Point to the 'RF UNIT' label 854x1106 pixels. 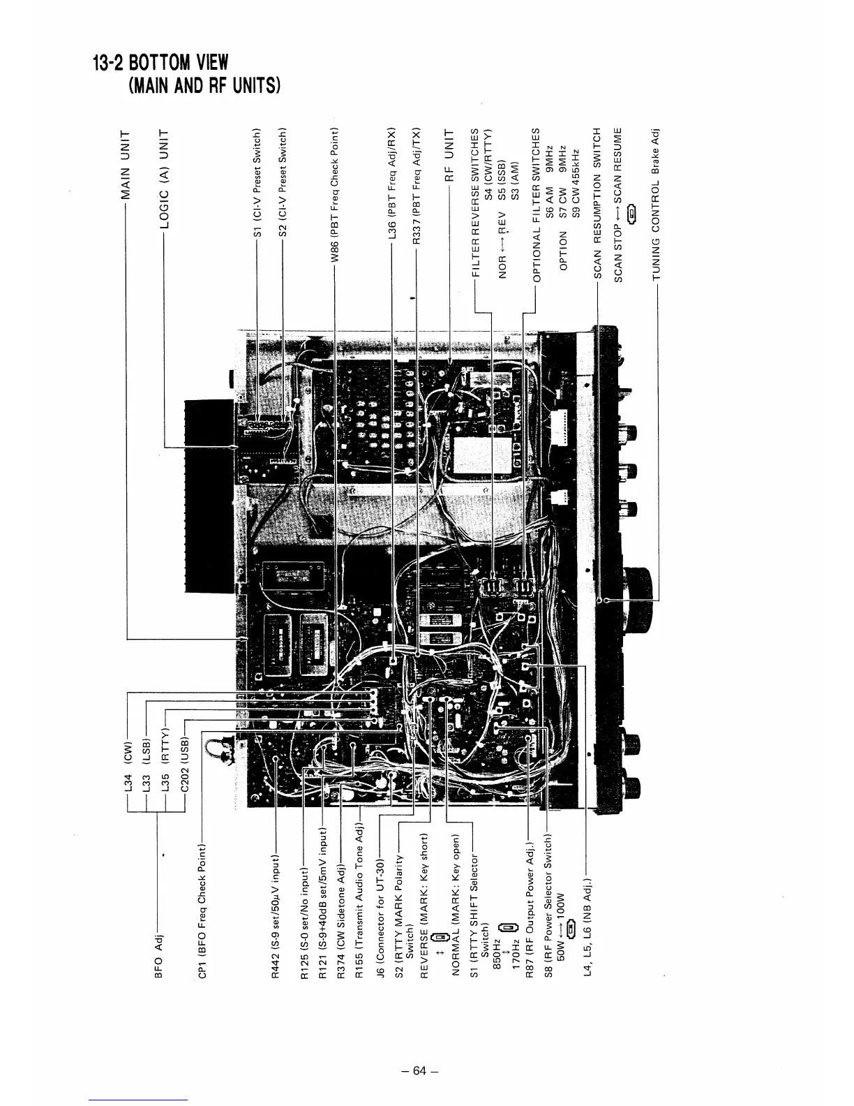450,154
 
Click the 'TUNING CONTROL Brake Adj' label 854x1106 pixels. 657,205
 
